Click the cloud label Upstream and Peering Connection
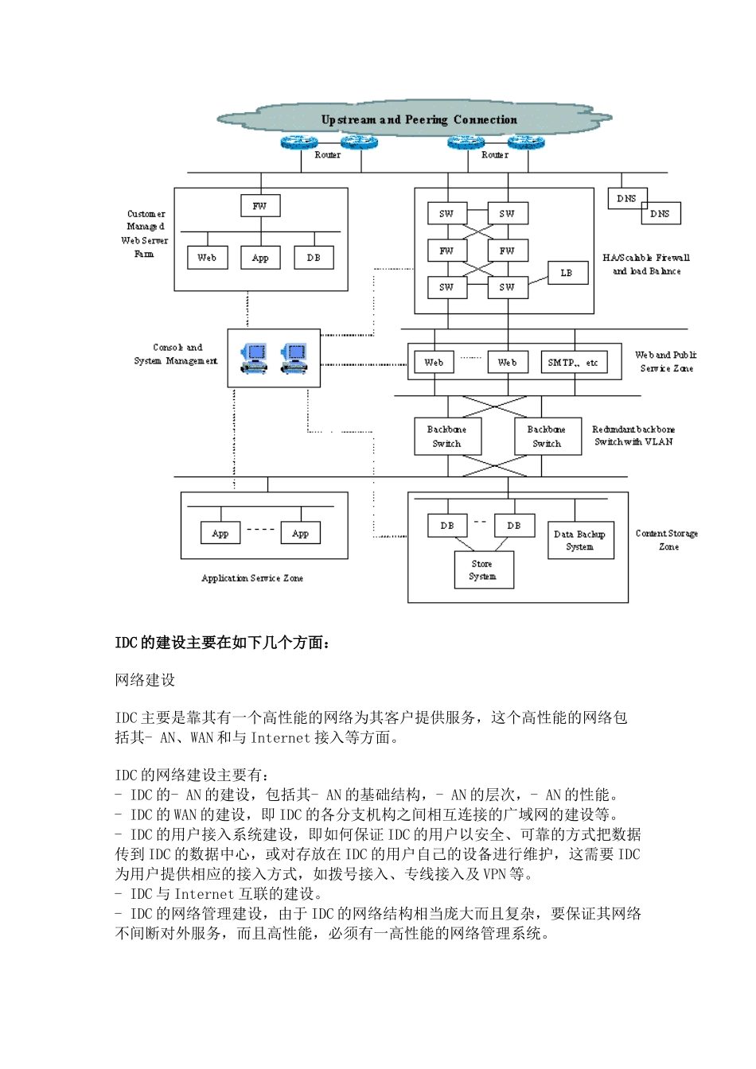[x=419, y=120]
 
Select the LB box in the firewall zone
[x=567, y=273]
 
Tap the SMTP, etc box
[x=573, y=363]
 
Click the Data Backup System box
[x=579, y=540]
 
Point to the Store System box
[x=483, y=570]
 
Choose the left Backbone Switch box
[x=447, y=437]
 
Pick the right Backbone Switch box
[x=547, y=437]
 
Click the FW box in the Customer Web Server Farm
[x=260, y=206]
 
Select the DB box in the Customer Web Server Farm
[x=314, y=258]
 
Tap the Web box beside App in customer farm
[x=207, y=258]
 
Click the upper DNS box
[x=627, y=198]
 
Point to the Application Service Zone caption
[x=252, y=578]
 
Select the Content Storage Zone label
[x=667, y=540]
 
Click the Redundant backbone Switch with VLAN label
[x=633, y=436]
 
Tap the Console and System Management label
[x=176, y=354]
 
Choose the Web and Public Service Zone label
[x=666, y=361]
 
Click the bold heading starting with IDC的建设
[x=222, y=643]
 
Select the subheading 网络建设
[x=145, y=680]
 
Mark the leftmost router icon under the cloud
[x=299, y=143]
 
